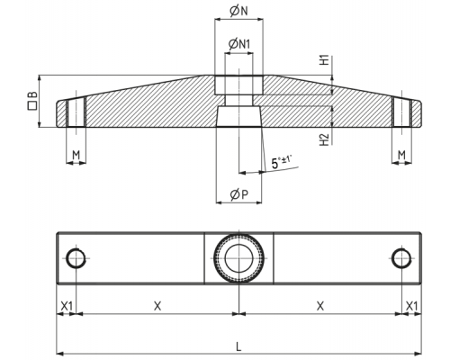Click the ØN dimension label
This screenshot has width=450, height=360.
point(238,11)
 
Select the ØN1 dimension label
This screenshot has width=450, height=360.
point(239,44)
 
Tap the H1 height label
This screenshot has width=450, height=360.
point(325,60)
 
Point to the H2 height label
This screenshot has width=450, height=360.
point(325,139)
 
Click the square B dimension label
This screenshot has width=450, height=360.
point(32,101)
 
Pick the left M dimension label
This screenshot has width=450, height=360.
point(76,155)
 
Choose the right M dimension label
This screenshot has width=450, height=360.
point(401,155)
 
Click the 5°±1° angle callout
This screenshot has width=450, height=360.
point(282,162)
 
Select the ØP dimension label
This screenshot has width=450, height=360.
point(239,194)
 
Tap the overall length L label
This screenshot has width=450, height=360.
point(238,347)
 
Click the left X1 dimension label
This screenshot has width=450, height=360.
point(67,306)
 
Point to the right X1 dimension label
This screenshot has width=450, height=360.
point(411,306)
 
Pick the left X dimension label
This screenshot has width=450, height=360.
point(157,306)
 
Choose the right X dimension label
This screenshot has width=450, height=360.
point(320,306)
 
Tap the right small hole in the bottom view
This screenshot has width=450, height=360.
point(391,258)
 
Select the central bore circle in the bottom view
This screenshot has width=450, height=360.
point(225,258)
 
